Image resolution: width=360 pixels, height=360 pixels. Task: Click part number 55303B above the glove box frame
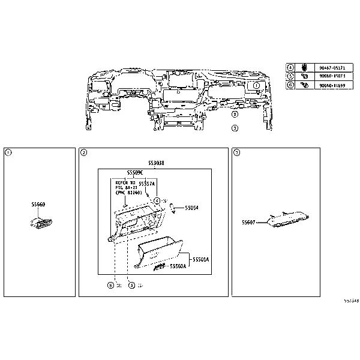click(x=156, y=163)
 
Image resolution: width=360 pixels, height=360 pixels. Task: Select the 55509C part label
click(x=135, y=173)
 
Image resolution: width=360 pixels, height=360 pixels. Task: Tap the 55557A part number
click(x=146, y=184)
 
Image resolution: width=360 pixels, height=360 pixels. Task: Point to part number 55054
click(x=191, y=208)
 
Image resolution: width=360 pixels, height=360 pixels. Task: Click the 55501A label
click(x=200, y=259)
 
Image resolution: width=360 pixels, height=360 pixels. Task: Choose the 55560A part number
click(x=178, y=265)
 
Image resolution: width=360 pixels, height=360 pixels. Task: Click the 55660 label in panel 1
click(x=38, y=205)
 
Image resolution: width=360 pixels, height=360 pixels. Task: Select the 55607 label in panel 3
click(x=248, y=222)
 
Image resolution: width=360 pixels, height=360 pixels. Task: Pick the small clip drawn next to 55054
click(x=172, y=207)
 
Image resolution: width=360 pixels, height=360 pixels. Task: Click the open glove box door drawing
click(x=159, y=253)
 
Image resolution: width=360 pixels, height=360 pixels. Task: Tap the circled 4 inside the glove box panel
click(x=155, y=200)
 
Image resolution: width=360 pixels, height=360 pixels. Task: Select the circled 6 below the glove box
click(x=110, y=285)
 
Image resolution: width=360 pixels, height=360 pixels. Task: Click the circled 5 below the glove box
click(x=131, y=285)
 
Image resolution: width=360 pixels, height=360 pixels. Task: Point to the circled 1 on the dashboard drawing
click(x=256, y=86)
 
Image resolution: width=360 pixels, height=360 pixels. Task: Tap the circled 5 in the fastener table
click(x=290, y=76)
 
